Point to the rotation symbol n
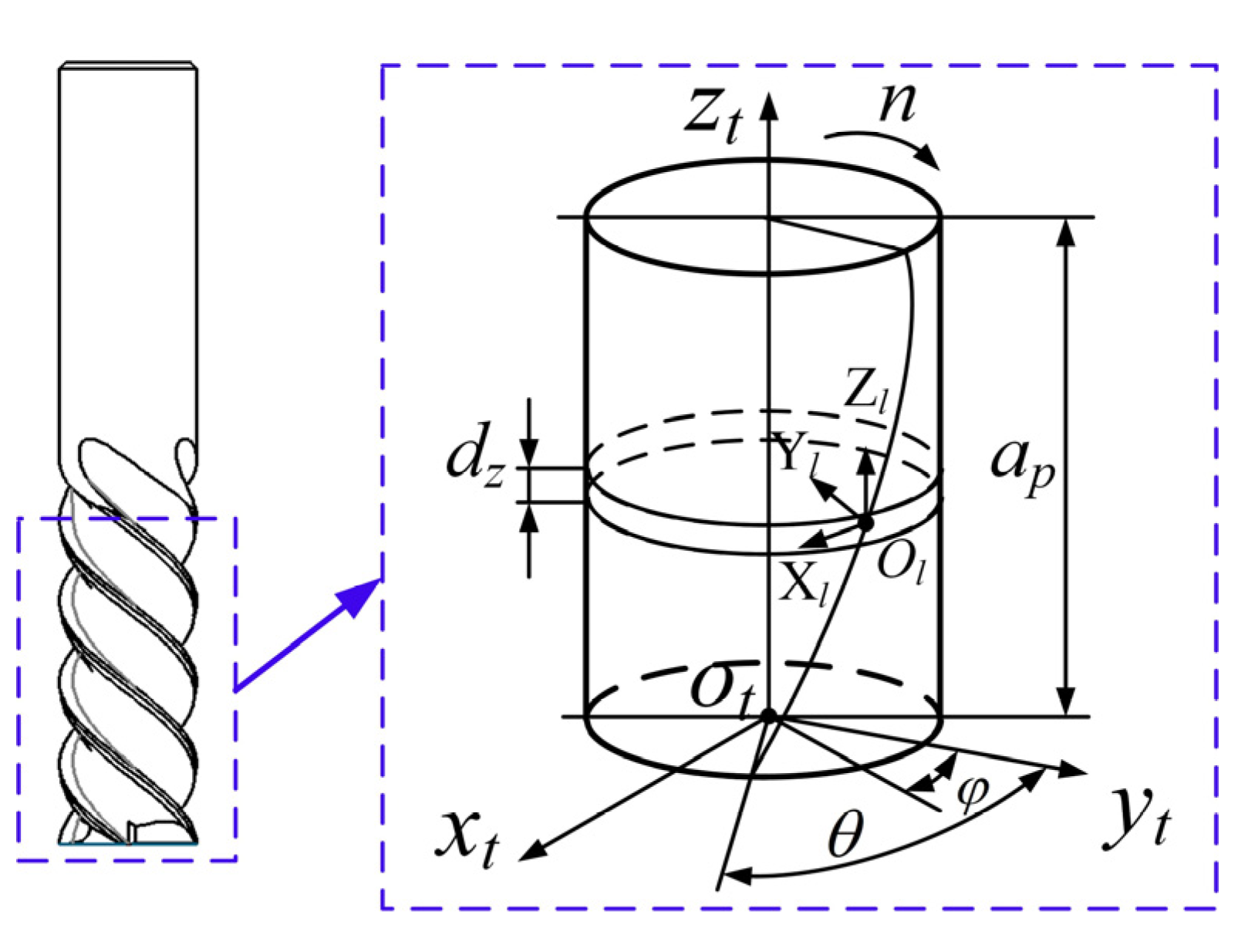coord(898,102)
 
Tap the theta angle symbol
coord(845,835)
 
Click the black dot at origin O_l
coord(866,523)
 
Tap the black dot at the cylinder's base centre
coord(768,716)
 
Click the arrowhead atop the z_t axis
coord(768,104)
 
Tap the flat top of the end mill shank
coord(128,65)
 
